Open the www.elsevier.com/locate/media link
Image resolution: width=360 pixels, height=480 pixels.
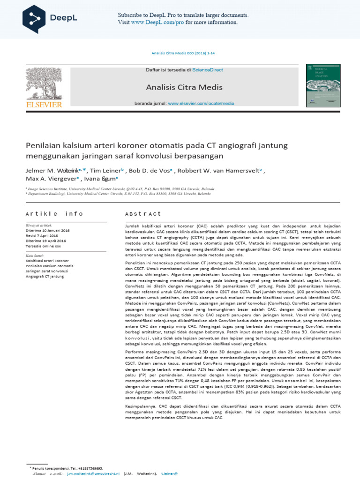tap(201, 103)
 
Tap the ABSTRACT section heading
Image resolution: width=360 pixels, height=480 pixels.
tap(143, 214)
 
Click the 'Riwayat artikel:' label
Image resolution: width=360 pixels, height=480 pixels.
tap(39, 225)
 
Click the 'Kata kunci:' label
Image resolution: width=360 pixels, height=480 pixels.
tap(35, 255)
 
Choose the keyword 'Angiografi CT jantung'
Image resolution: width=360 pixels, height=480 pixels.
tap(45, 277)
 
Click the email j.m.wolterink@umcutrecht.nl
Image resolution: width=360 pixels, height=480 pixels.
tap(93, 474)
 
